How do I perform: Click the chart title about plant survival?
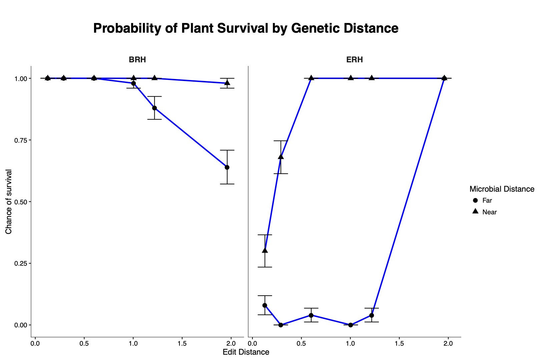246,28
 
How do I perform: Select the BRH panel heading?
137,60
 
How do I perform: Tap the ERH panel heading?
355,60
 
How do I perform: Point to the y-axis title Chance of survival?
9,202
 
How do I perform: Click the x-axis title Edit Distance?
246,352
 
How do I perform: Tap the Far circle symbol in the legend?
476,200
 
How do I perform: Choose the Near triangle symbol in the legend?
476,211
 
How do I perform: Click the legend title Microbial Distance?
502,189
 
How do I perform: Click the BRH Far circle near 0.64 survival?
227,167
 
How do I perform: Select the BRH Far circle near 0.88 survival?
154,108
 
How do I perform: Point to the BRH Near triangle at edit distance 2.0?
227,83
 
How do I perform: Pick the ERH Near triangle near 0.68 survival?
281,157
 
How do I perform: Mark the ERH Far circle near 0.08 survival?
265,305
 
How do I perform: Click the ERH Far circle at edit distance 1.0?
351,325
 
